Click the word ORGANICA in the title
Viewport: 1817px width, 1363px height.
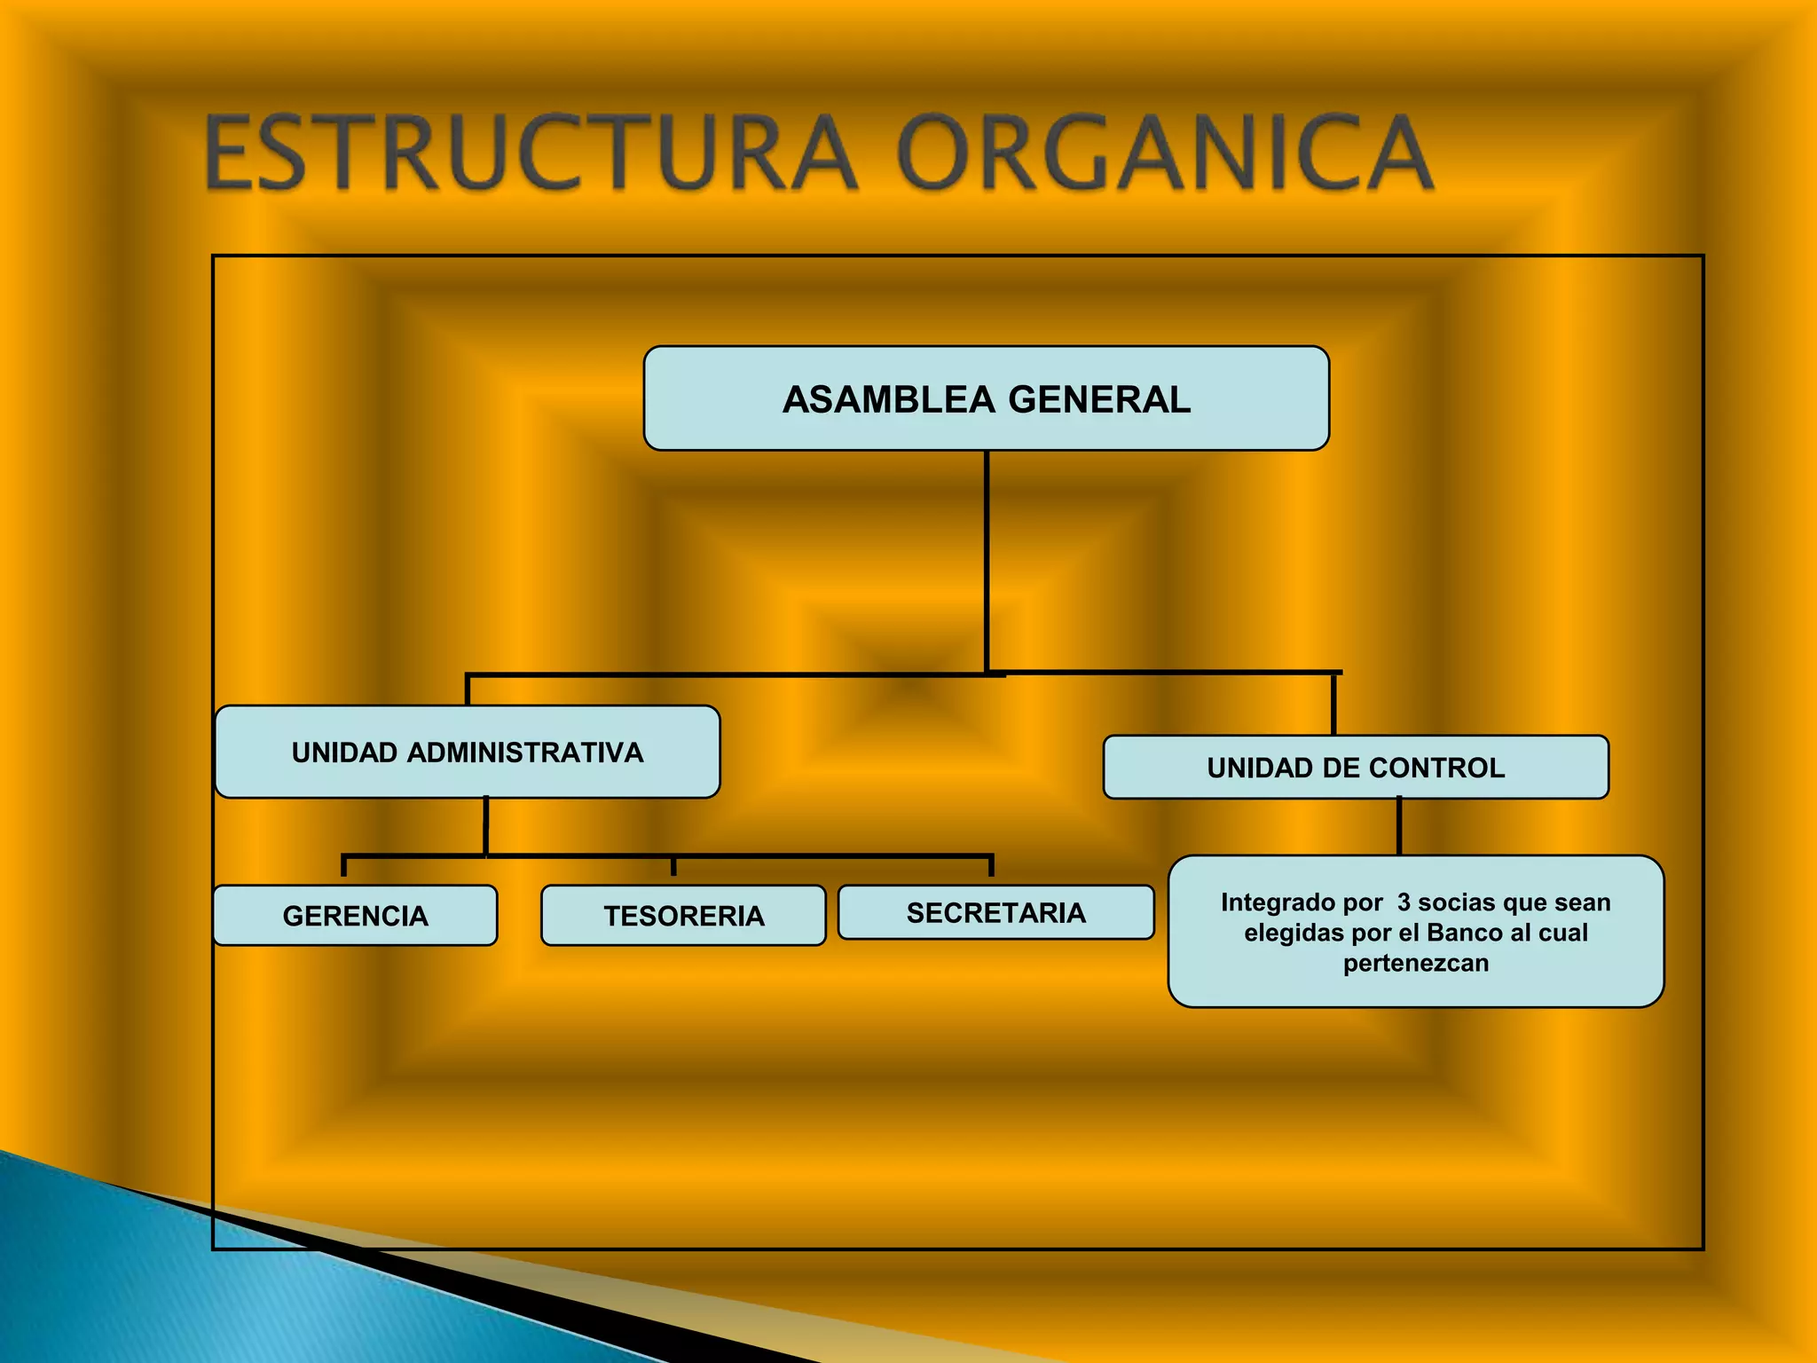pos(1164,153)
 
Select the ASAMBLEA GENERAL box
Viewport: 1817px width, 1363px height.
pos(986,398)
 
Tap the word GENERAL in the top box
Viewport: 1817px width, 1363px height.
pos(1099,399)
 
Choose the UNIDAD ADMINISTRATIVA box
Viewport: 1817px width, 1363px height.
pos(467,752)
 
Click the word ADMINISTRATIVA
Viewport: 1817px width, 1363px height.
pos(525,752)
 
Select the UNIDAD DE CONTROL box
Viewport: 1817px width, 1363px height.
pos(1355,767)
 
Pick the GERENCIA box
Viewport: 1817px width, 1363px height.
pos(355,915)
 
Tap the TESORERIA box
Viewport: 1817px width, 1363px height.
pos(683,915)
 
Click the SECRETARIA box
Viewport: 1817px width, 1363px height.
pos(995,912)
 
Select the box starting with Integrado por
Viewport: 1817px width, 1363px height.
pos(1415,932)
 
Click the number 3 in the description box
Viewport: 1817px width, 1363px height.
pos(1404,902)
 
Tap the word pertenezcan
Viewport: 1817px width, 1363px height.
pos(1415,963)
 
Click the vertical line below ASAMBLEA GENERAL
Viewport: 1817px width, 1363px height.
pos(986,559)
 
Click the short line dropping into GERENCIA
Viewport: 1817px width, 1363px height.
pos(344,866)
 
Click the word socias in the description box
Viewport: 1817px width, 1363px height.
pos(1457,902)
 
